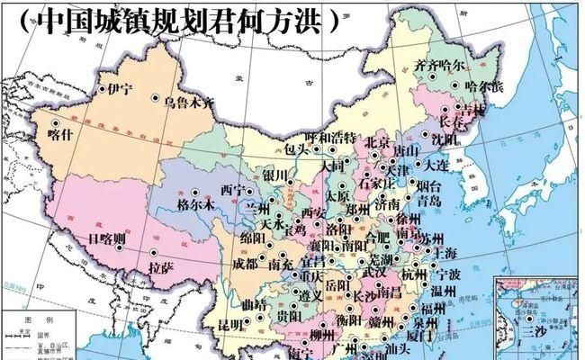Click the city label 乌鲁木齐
189,103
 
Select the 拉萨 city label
161,266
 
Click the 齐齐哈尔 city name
440,66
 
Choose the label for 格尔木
197,204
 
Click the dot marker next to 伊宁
102,88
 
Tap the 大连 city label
437,165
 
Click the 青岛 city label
430,202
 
